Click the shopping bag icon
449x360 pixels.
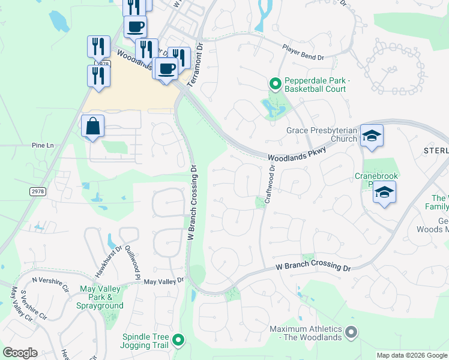coord(93,127)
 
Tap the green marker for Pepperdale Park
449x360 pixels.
coord(276,84)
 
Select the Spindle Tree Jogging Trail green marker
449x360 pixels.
coord(178,341)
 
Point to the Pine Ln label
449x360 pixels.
coord(43,145)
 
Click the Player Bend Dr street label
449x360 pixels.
coord(304,53)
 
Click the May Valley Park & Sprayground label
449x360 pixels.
coord(101,297)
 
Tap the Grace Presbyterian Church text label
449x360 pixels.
coord(322,134)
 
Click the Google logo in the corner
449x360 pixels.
coord(20,353)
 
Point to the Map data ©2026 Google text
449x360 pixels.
coord(411,355)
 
